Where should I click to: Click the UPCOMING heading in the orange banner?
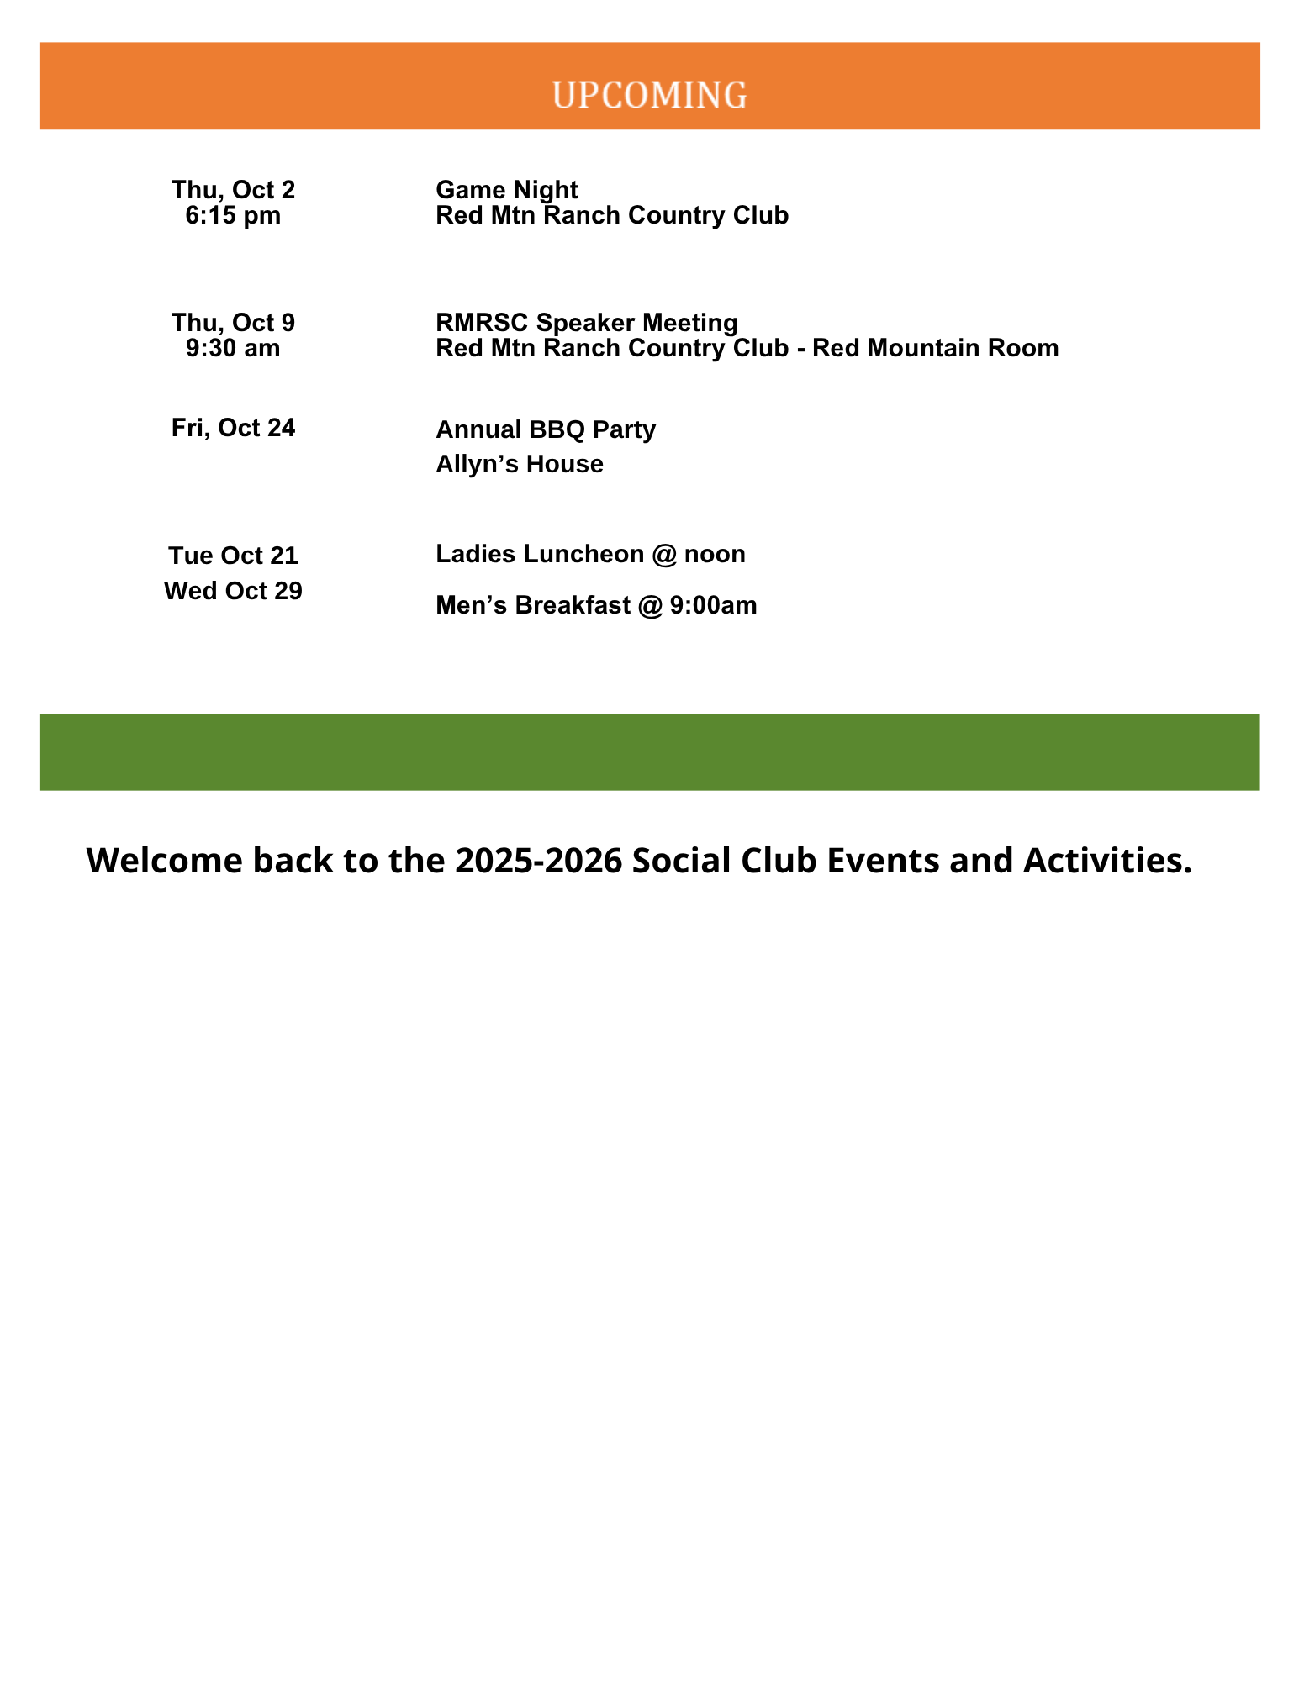649,95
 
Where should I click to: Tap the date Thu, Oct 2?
233,190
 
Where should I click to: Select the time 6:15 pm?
233,216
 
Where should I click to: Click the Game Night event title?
506,190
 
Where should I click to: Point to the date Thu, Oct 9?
233,323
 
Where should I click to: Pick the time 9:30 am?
233,348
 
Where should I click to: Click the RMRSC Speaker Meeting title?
586,323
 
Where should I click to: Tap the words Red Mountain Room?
935,348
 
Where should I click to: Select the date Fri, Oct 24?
233,428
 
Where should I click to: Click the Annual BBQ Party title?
545,429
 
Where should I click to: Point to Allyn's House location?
519,464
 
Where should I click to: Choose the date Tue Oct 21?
233,556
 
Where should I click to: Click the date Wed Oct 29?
233,591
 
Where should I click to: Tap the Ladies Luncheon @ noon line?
590,554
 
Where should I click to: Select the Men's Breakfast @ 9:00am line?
596,605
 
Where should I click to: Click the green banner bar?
649,752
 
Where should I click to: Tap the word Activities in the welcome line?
1106,861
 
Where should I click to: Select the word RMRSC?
482,323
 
